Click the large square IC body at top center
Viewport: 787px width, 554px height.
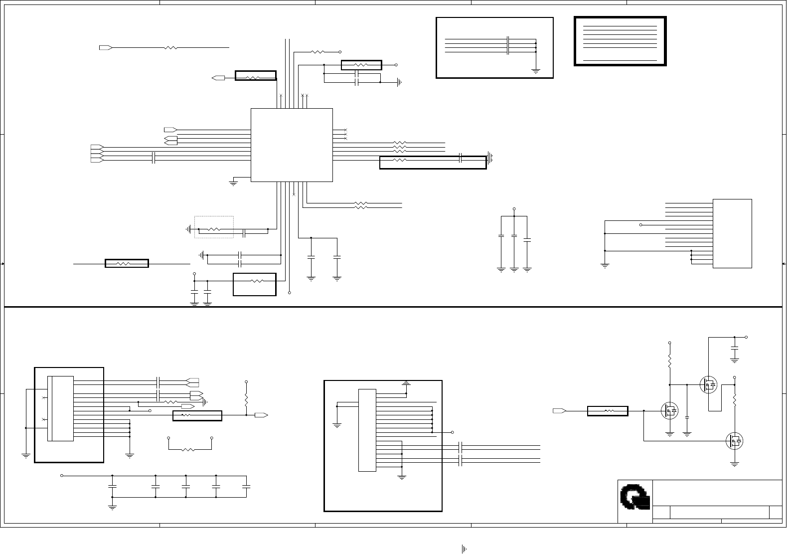[292, 145]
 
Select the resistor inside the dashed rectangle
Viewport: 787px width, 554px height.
[214, 229]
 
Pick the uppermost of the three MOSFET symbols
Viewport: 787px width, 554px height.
[708, 385]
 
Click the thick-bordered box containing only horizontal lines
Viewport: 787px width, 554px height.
[620, 41]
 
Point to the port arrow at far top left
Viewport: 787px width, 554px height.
[105, 47]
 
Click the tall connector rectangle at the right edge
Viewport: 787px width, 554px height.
[732, 233]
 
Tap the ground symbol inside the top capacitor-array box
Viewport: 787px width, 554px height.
[536, 71]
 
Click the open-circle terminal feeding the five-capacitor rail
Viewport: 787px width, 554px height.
[62, 476]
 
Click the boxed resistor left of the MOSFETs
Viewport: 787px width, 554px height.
[608, 411]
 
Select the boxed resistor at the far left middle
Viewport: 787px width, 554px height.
[127, 263]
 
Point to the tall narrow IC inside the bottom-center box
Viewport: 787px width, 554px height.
[367, 430]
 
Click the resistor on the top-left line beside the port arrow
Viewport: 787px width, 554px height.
[170, 48]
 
